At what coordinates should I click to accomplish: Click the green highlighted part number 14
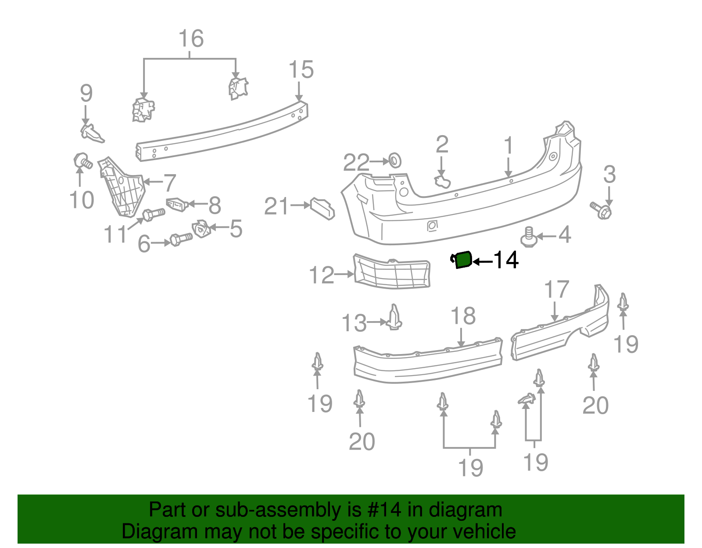coord(462,260)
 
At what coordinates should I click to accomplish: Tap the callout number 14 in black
coord(506,260)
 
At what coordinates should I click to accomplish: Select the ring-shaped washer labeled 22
coord(395,160)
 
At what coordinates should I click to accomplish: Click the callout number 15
coord(301,70)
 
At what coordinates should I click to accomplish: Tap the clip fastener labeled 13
coord(395,318)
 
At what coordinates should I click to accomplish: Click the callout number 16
coord(191,39)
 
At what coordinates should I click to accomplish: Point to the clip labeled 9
coord(92,133)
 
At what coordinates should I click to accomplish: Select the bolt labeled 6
coord(180,240)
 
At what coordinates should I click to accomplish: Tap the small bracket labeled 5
coord(201,229)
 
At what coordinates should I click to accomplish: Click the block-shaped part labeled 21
coord(322,208)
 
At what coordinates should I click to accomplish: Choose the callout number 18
coord(463,316)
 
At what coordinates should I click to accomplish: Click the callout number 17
coord(556,290)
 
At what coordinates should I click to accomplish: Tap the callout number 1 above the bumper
coord(508,146)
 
